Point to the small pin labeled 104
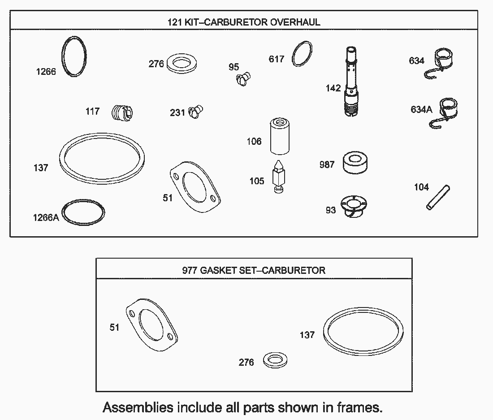[x=438, y=198]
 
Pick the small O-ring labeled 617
[x=302, y=55]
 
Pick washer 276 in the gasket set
[x=275, y=359]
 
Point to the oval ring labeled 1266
[x=74, y=56]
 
